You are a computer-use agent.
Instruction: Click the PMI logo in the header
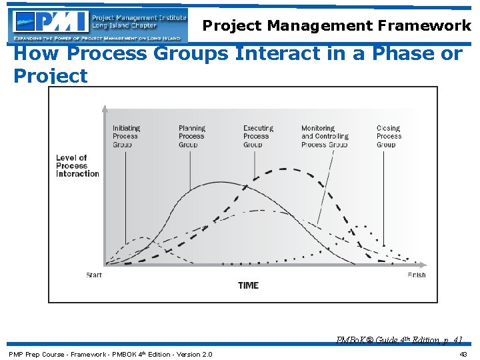click(x=50, y=25)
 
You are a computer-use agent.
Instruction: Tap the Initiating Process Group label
click(x=126, y=136)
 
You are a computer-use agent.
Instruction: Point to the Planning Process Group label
click(x=192, y=136)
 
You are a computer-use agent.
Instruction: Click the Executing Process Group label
click(x=258, y=136)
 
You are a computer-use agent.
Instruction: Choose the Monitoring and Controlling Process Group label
click(x=325, y=136)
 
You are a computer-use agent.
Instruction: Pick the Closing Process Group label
click(x=389, y=136)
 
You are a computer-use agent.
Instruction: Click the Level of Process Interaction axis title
click(x=77, y=166)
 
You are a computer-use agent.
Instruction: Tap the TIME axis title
click(x=248, y=285)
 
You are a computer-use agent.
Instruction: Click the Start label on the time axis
click(x=94, y=275)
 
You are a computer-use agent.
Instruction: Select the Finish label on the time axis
click(x=416, y=275)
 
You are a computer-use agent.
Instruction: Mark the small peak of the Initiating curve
click(x=143, y=238)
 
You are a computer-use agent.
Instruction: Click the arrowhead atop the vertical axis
click(x=104, y=108)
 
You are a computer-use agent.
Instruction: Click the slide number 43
click(x=463, y=354)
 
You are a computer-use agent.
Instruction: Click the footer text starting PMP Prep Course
click(x=110, y=354)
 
